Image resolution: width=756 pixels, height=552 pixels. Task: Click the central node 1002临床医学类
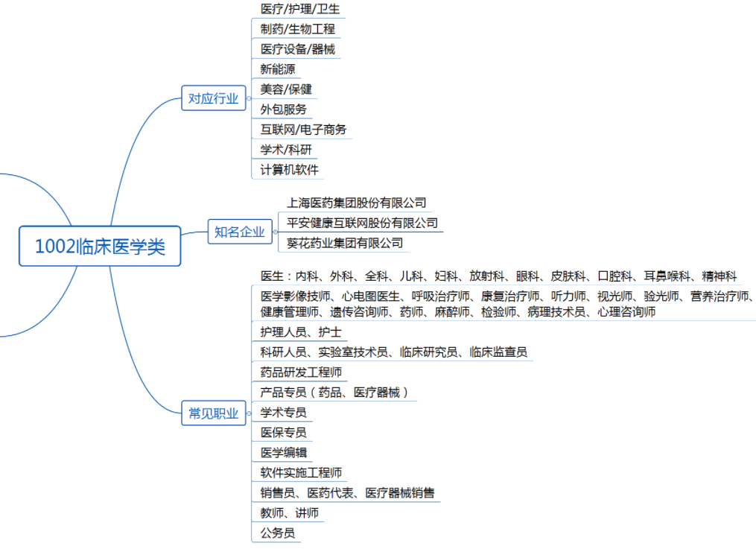pyautogui.click(x=100, y=247)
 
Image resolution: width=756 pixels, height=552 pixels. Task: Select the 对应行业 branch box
pyautogui.click(x=214, y=98)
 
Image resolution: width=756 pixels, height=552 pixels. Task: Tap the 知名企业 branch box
pyautogui.click(x=240, y=232)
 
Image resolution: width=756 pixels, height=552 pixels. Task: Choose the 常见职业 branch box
pyautogui.click(x=214, y=413)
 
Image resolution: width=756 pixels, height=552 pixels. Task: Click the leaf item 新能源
pyautogui.click(x=278, y=69)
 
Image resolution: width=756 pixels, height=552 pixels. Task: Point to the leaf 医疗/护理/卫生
pyautogui.click(x=300, y=9)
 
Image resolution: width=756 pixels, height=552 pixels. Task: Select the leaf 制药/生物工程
pyautogui.click(x=297, y=29)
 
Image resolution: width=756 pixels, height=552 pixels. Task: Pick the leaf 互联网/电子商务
pyautogui.click(x=303, y=129)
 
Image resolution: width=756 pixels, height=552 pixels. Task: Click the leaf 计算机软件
pyautogui.click(x=289, y=170)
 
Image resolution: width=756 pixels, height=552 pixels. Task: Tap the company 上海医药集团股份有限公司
pyautogui.click(x=356, y=203)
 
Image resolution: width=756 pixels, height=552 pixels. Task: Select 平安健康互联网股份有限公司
pyautogui.click(x=362, y=223)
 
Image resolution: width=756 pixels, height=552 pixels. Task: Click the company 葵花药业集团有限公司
pyautogui.click(x=345, y=243)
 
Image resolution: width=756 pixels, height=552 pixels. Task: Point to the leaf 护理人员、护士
pyautogui.click(x=301, y=331)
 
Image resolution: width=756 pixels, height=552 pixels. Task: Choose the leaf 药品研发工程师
pyautogui.click(x=301, y=372)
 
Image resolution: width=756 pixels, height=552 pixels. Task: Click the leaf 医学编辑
pyautogui.click(x=284, y=452)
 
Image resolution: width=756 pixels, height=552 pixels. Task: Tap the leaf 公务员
pyautogui.click(x=278, y=533)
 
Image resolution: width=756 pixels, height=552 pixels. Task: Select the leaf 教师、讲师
pyautogui.click(x=289, y=513)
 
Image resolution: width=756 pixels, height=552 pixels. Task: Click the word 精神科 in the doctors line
pyautogui.click(x=720, y=276)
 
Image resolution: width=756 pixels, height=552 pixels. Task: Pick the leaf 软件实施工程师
pyautogui.click(x=301, y=472)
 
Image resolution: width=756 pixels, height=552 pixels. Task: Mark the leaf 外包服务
pyautogui.click(x=284, y=110)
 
